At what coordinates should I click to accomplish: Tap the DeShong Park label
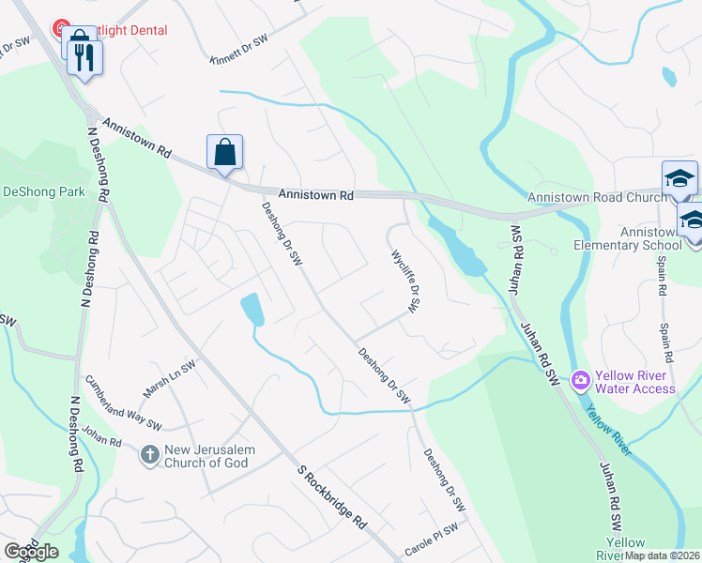tap(43, 191)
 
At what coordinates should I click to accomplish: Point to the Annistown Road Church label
tap(597, 197)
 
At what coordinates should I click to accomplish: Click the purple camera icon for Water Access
tap(581, 380)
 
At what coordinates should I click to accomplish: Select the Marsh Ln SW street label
tap(169, 379)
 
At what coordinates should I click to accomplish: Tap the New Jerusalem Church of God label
tap(210, 456)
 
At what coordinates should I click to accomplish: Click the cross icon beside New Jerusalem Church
tap(149, 456)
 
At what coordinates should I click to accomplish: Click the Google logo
tap(30, 552)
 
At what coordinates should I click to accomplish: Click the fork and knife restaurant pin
tap(86, 58)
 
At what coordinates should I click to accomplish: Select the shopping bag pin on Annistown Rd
tap(225, 152)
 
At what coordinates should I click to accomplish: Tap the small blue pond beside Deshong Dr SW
tap(252, 310)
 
